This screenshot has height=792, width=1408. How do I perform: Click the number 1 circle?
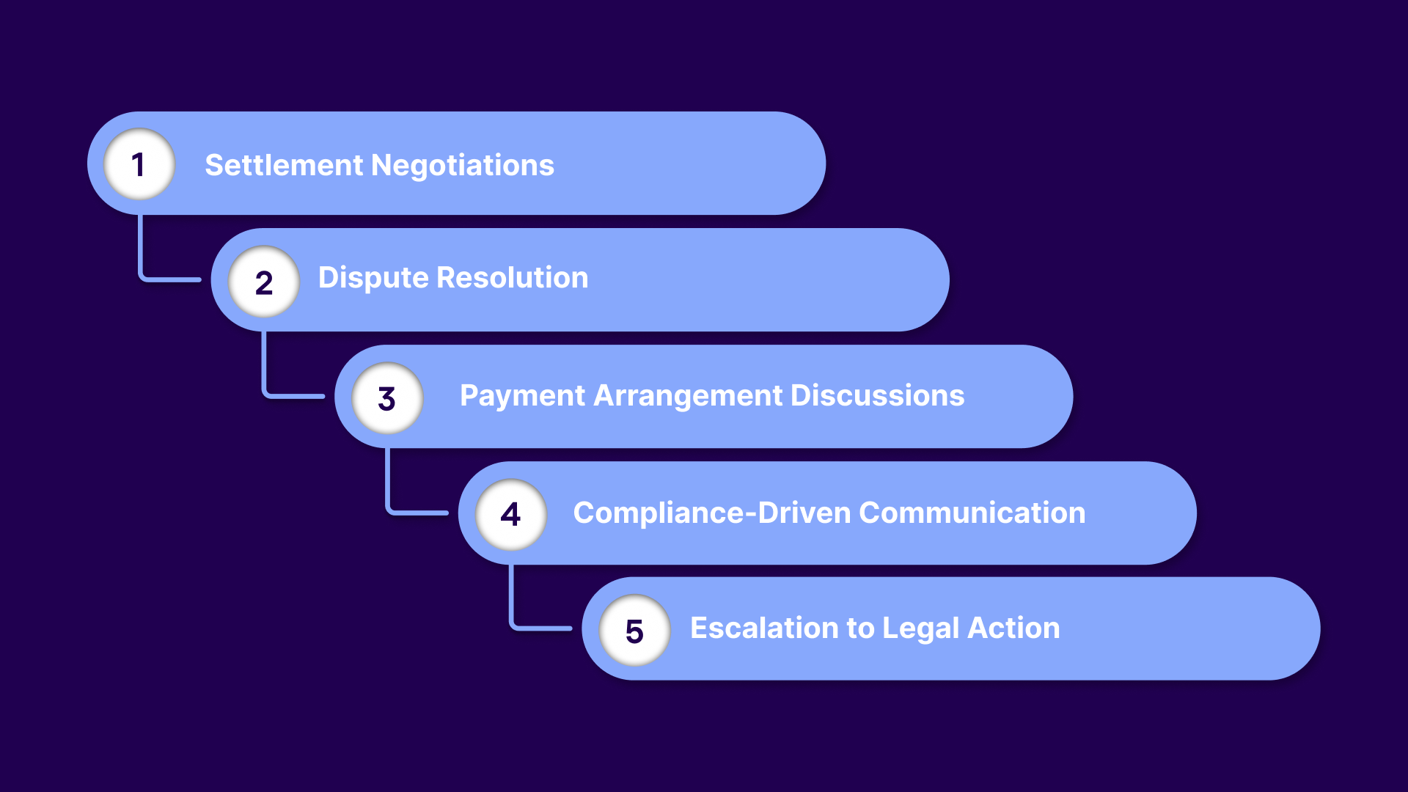[x=139, y=164]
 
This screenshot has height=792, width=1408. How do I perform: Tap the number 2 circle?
[x=264, y=282]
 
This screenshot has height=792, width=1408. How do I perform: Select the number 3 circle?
[x=387, y=398]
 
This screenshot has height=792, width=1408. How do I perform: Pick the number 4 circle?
[x=511, y=514]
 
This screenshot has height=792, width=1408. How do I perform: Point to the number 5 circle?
[x=634, y=631]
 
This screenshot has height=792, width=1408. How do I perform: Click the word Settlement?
[x=284, y=165]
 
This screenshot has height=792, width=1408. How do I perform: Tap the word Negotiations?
[x=463, y=166]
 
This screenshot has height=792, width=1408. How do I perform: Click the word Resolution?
[x=513, y=278]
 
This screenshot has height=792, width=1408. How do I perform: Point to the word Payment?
[x=522, y=396]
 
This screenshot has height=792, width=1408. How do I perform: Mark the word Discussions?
[x=878, y=396]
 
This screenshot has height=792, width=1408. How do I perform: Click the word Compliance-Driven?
[x=711, y=513]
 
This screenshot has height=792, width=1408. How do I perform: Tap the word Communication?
[x=972, y=513]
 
